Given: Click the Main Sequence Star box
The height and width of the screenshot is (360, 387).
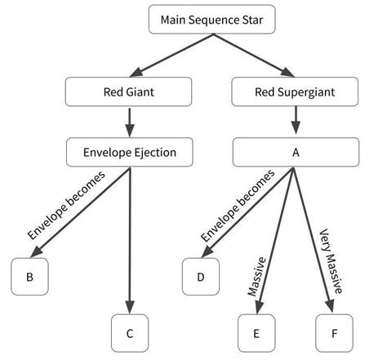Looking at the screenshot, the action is pyautogui.click(x=212, y=20).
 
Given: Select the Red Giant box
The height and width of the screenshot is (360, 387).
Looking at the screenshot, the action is pyautogui.click(x=128, y=91).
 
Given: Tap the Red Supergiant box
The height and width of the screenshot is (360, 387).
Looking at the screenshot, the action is pyautogui.click(x=295, y=91).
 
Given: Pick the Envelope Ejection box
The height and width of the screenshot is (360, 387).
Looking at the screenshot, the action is pyautogui.click(x=130, y=152).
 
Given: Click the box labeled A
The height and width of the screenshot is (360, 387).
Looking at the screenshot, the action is pyautogui.click(x=296, y=152).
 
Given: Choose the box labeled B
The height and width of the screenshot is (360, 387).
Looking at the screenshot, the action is pyautogui.click(x=29, y=277).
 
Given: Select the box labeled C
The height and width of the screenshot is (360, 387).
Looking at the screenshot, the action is pyautogui.click(x=130, y=333).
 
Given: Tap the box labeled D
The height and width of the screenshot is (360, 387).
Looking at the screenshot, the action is pyautogui.click(x=201, y=277).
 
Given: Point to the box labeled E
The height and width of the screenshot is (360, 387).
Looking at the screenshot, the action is pyautogui.click(x=256, y=333).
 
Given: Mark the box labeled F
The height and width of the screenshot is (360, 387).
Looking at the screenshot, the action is pyautogui.click(x=334, y=333).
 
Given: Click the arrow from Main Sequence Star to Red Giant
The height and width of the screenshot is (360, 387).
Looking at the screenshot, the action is pyautogui.click(x=172, y=56).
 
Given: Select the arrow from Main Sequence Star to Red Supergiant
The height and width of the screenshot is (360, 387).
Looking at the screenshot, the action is pyautogui.click(x=254, y=56).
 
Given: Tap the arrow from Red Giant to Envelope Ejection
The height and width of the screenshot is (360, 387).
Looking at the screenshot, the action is pyautogui.click(x=130, y=122).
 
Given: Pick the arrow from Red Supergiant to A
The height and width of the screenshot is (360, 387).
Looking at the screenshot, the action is pyautogui.click(x=296, y=120).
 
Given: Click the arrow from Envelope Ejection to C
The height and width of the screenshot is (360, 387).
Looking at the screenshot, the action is pyautogui.click(x=130, y=241).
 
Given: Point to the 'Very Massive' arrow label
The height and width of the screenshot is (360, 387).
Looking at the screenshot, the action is pyautogui.click(x=331, y=261).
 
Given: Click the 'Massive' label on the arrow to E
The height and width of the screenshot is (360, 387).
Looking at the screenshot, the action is pyautogui.click(x=256, y=277).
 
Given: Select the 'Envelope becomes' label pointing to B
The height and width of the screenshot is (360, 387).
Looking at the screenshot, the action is pyautogui.click(x=66, y=206).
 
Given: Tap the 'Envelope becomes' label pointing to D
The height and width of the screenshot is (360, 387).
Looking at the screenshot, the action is pyautogui.click(x=238, y=206).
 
